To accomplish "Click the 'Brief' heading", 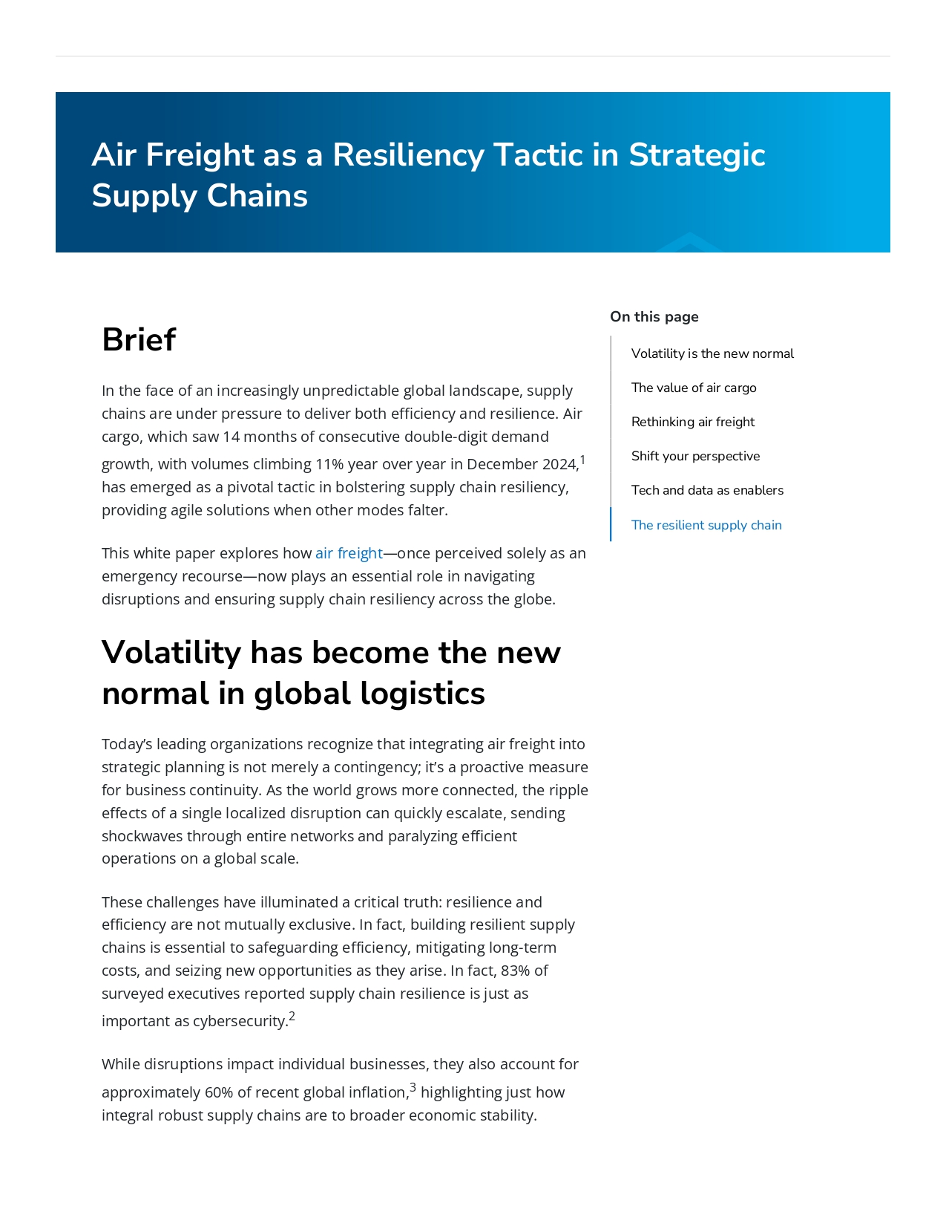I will pos(139,340).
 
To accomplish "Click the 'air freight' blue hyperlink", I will pos(349,553).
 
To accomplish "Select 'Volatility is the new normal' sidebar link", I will pos(712,353).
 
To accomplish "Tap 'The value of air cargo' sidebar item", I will pos(694,388).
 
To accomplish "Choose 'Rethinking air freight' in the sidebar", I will pos(693,422).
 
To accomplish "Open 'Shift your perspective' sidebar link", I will pos(695,456).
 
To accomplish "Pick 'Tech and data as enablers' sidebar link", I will pos(707,490).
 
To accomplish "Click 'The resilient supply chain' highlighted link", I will pos(706,525).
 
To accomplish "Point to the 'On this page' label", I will pos(654,317).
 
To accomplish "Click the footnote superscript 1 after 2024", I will pos(582,460).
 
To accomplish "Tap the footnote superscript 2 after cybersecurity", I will pos(292,1017).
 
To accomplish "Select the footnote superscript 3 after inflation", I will pos(413,1088).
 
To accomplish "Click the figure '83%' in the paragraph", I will pos(516,971).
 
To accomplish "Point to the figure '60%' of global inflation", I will pos(219,1092).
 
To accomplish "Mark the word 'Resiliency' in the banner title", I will pos(408,155).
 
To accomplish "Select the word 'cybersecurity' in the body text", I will pos(240,1021).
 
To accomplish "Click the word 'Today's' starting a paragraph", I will pos(127,744).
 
